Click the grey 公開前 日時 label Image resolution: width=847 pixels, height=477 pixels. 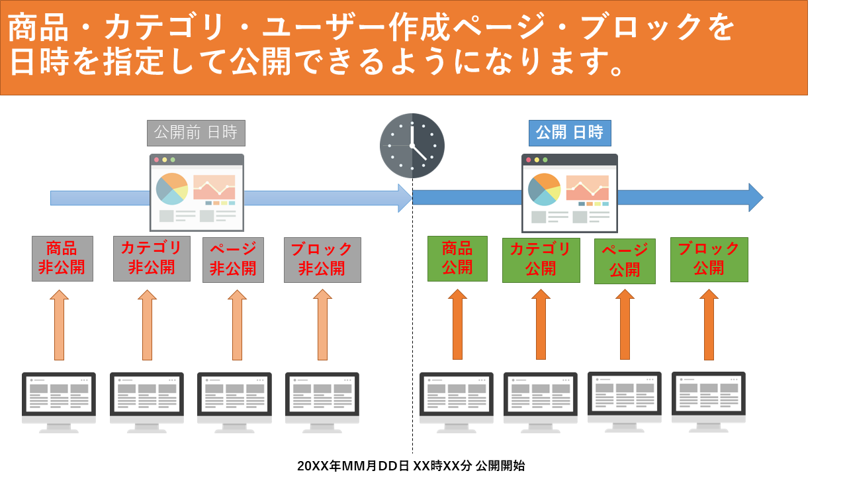(x=196, y=133)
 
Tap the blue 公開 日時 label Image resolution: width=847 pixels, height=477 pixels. (x=570, y=133)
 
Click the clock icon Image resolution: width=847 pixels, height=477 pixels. (x=412, y=146)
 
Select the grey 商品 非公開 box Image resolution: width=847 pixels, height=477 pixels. (x=62, y=258)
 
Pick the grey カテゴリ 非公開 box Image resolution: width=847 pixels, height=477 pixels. (x=152, y=258)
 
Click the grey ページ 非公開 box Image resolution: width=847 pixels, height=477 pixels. (x=234, y=260)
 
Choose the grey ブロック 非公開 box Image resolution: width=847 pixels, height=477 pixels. (x=322, y=260)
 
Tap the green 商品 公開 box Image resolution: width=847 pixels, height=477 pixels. (x=457, y=258)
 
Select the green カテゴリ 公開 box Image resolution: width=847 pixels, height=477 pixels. (x=541, y=260)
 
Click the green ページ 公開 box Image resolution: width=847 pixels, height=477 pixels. (x=625, y=261)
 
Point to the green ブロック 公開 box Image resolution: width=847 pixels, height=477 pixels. (x=709, y=260)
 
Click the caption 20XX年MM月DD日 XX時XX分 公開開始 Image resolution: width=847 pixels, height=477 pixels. (x=411, y=466)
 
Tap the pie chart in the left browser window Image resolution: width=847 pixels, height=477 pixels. (x=172, y=189)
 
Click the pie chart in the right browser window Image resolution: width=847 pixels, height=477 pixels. (x=544, y=189)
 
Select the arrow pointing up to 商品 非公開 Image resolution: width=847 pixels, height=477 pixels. (x=60, y=325)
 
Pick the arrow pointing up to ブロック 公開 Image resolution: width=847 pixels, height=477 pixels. (x=709, y=325)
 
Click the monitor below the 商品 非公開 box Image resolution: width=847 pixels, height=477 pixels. (x=59, y=403)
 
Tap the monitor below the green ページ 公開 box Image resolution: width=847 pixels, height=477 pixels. (x=625, y=402)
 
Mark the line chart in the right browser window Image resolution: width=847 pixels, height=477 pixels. (x=588, y=188)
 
